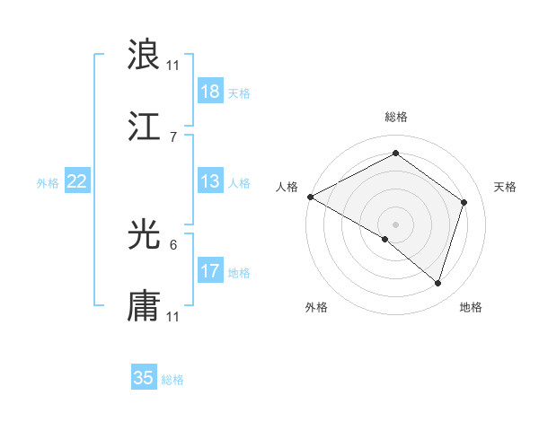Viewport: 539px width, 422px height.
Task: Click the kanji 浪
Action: point(144,54)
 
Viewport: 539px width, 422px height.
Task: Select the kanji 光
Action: point(144,234)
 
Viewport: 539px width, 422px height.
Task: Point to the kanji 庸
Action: point(144,306)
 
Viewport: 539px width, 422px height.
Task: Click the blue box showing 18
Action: point(210,92)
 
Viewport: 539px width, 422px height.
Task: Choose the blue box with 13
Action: point(210,181)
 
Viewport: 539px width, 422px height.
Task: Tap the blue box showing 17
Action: point(210,271)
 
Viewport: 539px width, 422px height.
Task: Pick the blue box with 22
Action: point(77,181)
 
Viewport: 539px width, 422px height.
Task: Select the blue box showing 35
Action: point(144,378)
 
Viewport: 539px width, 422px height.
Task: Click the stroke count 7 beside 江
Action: point(173,136)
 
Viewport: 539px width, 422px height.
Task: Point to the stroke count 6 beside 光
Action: point(173,244)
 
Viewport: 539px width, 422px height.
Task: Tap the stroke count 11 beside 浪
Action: point(173,65)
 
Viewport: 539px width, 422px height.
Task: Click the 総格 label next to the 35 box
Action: point(172,380)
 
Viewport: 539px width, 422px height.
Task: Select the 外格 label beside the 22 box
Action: point(48,182)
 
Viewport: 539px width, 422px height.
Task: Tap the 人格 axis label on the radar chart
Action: point(287,187)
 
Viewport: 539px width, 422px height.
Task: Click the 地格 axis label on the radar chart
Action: point(471,307)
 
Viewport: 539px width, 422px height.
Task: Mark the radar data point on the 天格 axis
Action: point(464,202)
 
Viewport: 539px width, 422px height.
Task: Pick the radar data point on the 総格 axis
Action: point(395,154)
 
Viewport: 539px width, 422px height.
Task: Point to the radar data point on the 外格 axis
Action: point(385,239)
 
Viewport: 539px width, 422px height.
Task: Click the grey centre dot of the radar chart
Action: point(395,224)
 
